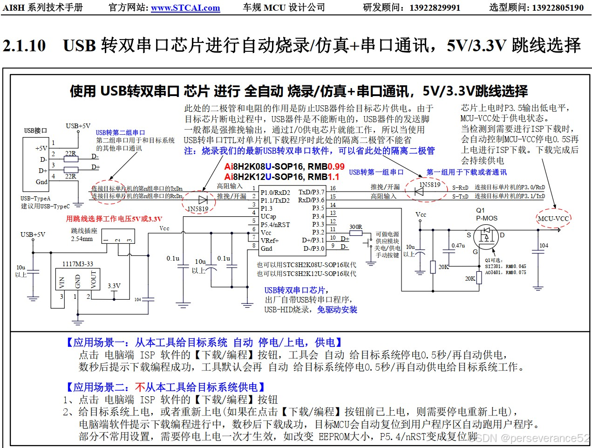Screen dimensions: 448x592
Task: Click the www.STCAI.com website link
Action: [x=185, y=8]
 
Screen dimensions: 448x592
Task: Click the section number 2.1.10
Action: [x=24, y=46]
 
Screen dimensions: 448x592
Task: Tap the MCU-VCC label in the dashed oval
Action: [x=553, y=219]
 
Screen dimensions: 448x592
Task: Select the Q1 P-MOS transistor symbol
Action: [x=486, y=236]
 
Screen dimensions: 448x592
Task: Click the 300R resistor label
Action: [x=356, y=227]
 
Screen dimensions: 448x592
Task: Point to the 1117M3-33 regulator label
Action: [x=78, y=264]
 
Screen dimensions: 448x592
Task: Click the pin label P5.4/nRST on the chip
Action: [x=275, y=225]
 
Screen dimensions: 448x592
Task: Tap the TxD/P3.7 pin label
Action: [x=312, y=192]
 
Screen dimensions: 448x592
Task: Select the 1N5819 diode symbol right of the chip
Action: [x=419, y=192]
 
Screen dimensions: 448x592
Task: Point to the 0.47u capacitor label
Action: [x=458, y=246]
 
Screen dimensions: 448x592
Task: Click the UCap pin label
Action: [x=268, y=217]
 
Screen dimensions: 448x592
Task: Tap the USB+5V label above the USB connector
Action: [x=78, y=126]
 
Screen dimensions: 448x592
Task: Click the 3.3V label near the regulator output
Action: [x=114, y=286]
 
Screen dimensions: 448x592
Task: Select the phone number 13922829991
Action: [x=435, y=8]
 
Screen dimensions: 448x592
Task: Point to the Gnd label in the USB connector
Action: [x=41, y=182]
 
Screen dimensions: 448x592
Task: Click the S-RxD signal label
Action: [x=460, y=188]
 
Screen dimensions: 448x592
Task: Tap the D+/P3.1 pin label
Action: [x=313, y=241]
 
